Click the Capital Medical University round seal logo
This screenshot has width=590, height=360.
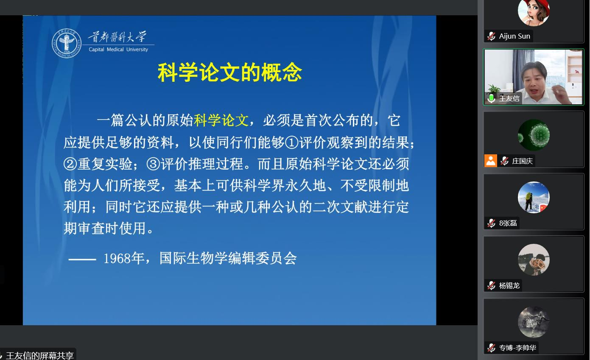click(67, 44)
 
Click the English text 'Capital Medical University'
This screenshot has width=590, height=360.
click(118, 50)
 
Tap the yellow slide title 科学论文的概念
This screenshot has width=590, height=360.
click(229, 73)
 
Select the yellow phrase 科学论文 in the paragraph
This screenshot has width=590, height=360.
click(221, 120)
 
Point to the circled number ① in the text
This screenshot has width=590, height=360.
click(292, 142)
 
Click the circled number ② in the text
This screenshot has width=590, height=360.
click(70, 164)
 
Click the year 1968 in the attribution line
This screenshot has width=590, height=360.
click(117, 258)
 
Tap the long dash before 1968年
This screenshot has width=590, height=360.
click(82, 258)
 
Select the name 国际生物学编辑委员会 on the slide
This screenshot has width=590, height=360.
click(228, 258)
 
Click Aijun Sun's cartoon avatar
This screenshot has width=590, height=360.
click(534, 12)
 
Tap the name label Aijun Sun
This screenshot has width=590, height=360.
click(515, 36)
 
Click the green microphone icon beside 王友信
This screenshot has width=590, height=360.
click(491, 98)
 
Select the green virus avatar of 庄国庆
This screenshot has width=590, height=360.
click(534, 135)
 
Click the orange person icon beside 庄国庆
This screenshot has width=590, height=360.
click(491, 161)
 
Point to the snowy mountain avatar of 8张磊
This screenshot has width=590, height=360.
click(534, 197)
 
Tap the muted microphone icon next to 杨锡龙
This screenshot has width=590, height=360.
click(492, 285)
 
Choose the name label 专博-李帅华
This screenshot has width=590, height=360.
click(517, 348)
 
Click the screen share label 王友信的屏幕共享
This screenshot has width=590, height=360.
click(40, 355)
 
